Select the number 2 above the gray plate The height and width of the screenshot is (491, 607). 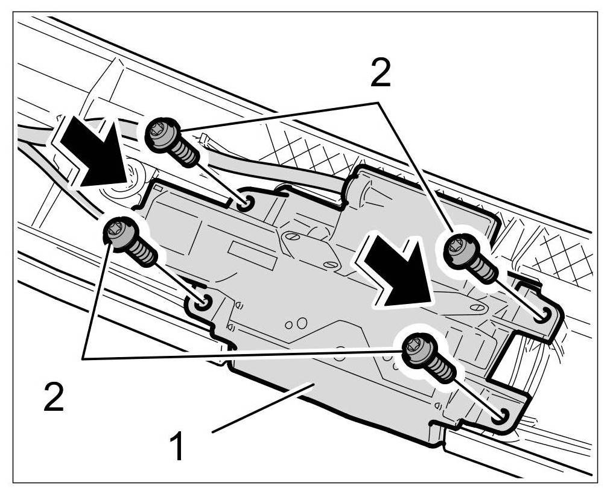coord(380,75)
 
